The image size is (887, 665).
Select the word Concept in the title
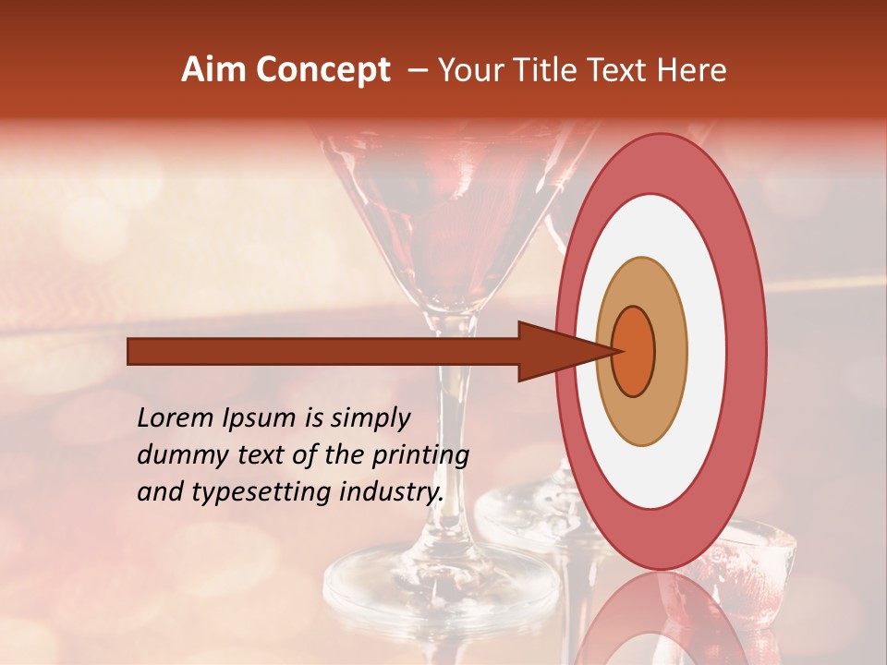322,70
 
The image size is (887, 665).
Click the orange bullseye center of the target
634,351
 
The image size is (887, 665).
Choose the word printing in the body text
419,456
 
